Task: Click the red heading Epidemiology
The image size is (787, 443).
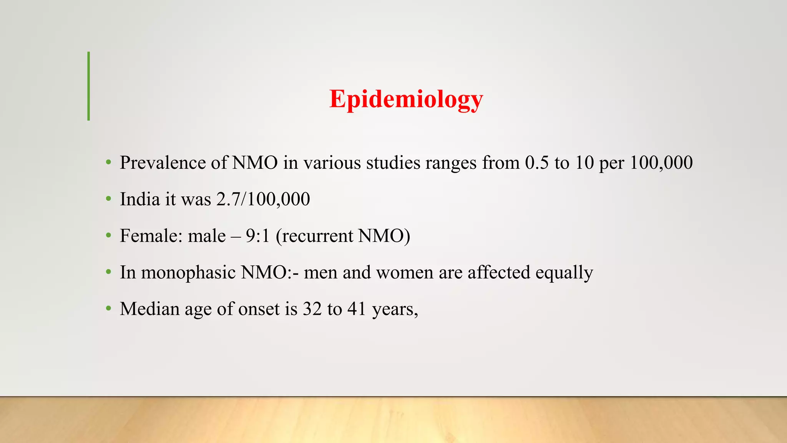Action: pyautogui.click(x=406, y=99)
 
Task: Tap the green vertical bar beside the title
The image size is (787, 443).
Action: pyautogui.click(x=89, y=86)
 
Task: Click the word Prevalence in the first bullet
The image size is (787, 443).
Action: pyautogui.click(x=163, y=163)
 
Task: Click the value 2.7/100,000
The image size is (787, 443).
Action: pyautogui.click(x=263, y=200)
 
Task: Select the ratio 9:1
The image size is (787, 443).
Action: pyautogui.click(x=258, y=236)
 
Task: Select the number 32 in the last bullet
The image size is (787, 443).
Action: pyautogui.click(x=312, y=309)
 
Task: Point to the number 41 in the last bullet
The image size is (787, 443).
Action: pyautogui.click(x=357, y=309)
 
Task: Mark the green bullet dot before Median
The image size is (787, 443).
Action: pyautogui.click(x=109, y=308)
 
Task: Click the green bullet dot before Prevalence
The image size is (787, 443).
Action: pyautogui.click(x=109, y=162)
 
